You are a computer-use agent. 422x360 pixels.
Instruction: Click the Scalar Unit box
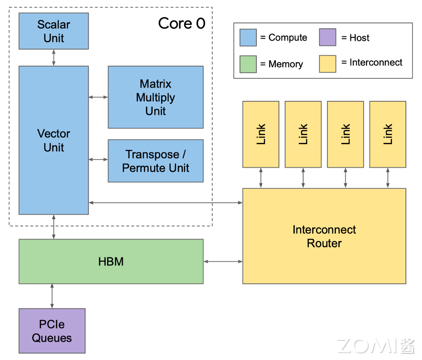point(54,31)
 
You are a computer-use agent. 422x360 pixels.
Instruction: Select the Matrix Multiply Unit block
point(156,97)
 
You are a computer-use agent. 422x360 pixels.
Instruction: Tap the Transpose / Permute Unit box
point(156,161)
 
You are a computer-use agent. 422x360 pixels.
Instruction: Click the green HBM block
point(111,262)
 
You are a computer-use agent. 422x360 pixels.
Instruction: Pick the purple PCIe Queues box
point(52,331)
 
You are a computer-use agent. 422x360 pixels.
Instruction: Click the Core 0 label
point(182,24)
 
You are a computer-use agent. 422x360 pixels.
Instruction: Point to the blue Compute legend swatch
point(248,37)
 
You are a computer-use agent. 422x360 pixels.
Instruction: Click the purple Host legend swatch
point(328,37)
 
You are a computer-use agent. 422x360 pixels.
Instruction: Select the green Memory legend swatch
point(248,64)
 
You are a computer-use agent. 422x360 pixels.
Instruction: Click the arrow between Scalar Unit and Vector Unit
point(54,57)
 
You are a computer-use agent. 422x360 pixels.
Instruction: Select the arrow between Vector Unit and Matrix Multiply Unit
point(98,97)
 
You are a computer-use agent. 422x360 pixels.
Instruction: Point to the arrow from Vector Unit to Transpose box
point(98,159)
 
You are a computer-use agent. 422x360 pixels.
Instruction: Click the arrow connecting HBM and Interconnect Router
point(223,262)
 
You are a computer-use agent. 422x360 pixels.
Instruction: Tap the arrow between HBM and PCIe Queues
point(52,296)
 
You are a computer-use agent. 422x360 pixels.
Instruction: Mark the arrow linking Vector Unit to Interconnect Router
point(166,202)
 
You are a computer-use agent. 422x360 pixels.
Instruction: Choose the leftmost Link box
point(261,134)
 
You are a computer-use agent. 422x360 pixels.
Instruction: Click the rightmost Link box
point(388,134)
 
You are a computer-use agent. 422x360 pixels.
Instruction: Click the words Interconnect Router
point(324,236)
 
